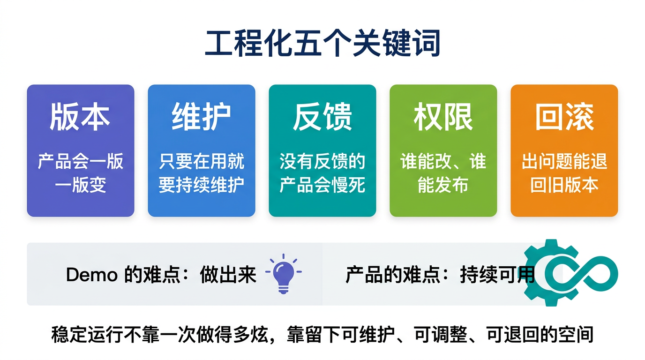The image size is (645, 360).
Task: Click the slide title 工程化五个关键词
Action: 322,44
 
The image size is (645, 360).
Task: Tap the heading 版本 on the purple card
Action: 80,117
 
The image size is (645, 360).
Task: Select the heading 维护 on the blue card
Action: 201,117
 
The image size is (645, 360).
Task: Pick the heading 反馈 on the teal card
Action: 322,117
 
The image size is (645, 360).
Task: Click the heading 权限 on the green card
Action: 443,117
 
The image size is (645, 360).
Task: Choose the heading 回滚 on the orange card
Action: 564,117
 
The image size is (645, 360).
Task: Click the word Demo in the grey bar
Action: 91,275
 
